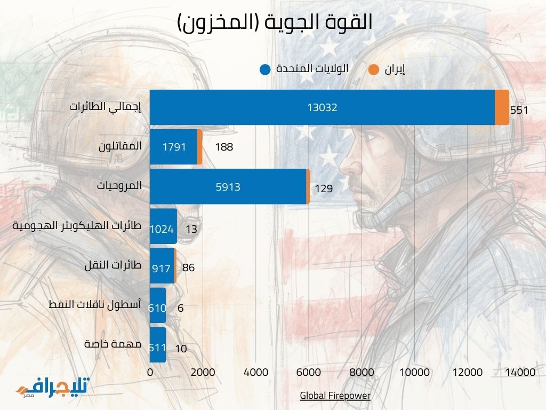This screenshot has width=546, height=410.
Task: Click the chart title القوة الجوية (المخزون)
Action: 275,23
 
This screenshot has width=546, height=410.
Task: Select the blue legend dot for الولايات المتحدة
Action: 265,69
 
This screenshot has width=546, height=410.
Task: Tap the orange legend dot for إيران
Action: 374,69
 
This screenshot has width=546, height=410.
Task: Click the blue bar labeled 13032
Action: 322,107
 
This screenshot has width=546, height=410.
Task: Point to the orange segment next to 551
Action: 502,107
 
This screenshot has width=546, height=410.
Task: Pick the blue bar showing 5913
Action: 228,187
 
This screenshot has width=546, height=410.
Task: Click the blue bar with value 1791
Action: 173,147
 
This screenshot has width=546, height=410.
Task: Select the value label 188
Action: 224,147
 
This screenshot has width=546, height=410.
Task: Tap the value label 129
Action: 324,188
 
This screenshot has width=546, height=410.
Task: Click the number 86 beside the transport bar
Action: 188,268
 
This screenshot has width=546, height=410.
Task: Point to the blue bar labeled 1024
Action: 163,229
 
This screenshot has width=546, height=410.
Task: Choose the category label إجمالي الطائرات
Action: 106,106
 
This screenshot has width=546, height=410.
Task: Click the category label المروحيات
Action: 119,186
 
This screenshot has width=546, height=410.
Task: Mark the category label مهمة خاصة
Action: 113,344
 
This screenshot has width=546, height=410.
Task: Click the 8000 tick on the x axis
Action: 362,372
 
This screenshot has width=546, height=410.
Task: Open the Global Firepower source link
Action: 335,396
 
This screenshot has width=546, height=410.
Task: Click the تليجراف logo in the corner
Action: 53,388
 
